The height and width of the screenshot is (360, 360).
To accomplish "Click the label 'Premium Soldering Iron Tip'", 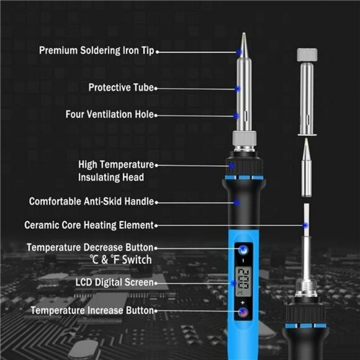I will pos(96,50).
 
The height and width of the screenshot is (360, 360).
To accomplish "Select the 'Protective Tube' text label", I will pos(120,88).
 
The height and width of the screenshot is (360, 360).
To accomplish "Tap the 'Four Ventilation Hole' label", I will pos(110,115).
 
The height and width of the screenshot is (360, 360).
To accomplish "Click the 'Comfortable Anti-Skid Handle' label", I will pos(91,202).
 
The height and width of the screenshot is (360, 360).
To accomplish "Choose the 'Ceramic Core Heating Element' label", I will pos(88,225).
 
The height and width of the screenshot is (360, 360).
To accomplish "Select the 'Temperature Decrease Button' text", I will pos(89,248).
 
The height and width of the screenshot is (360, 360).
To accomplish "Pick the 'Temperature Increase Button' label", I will pos(91,310).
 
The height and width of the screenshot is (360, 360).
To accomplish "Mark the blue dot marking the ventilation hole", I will pos(236,115).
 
